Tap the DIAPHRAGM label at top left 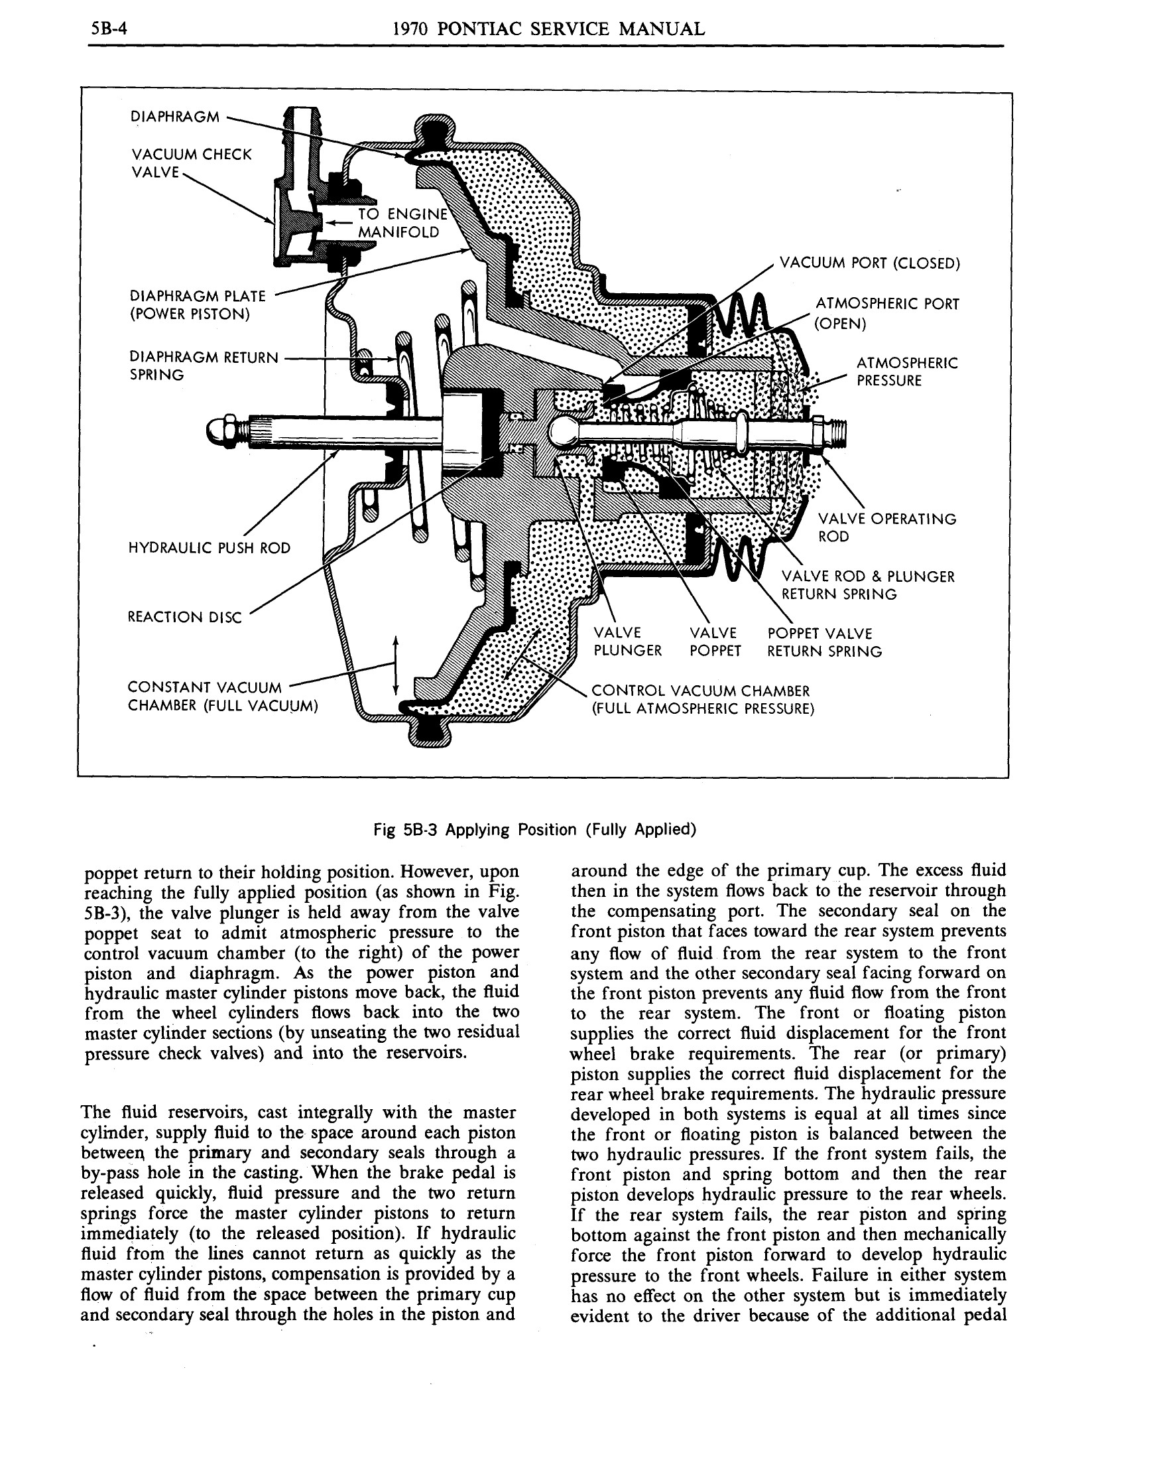(174, 116)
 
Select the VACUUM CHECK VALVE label (190, 163)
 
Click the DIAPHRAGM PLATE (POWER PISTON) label (197, 305)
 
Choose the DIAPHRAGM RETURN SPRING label (203, 366)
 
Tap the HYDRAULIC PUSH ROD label (209, 547)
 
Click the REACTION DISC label (184, 617)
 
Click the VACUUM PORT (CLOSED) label (869, 263)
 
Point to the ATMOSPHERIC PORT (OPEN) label (886, 313)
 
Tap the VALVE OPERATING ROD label (886, 528)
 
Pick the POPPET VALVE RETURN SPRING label (823, 642)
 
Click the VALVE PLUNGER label (626, 641)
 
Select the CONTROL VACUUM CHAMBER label (702, 700)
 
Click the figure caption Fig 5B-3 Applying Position (534, 830)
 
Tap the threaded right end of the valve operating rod (837, 430)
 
